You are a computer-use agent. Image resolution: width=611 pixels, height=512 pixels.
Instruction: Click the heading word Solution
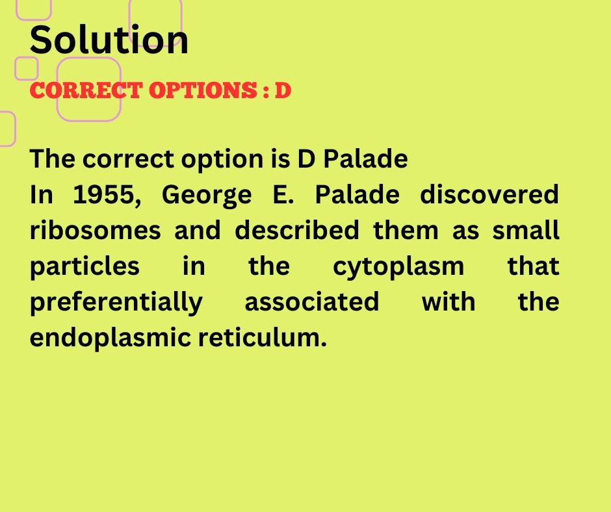(109, 40)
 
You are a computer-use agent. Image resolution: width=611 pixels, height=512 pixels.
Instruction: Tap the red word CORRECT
(86, 90)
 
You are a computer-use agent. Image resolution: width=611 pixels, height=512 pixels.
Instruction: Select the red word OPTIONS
(203, 90)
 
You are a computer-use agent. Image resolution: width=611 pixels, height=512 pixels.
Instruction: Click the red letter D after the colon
(283, 90)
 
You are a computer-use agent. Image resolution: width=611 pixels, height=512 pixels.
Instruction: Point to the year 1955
(107, 195)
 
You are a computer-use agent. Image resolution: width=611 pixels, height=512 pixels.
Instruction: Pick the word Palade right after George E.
(357, 194)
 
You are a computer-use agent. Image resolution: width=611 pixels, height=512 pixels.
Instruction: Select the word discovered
(489, 194)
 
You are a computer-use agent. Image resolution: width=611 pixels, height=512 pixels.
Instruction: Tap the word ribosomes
(95, 230)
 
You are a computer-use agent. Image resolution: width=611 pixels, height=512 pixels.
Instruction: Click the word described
(297, 230)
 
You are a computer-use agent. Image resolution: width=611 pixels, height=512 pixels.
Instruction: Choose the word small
(526, 230)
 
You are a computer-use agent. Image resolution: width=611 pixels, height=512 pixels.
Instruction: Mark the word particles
(84, 267)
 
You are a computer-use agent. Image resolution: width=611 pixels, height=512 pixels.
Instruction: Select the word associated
(312, 301)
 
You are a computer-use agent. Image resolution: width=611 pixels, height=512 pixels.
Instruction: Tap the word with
(448, 301)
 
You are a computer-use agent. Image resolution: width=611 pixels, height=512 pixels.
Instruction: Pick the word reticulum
(262, 337)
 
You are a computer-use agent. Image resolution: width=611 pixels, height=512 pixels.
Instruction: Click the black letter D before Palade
(306, 159)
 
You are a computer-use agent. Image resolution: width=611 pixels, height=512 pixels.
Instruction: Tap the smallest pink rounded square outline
(27, 58)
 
